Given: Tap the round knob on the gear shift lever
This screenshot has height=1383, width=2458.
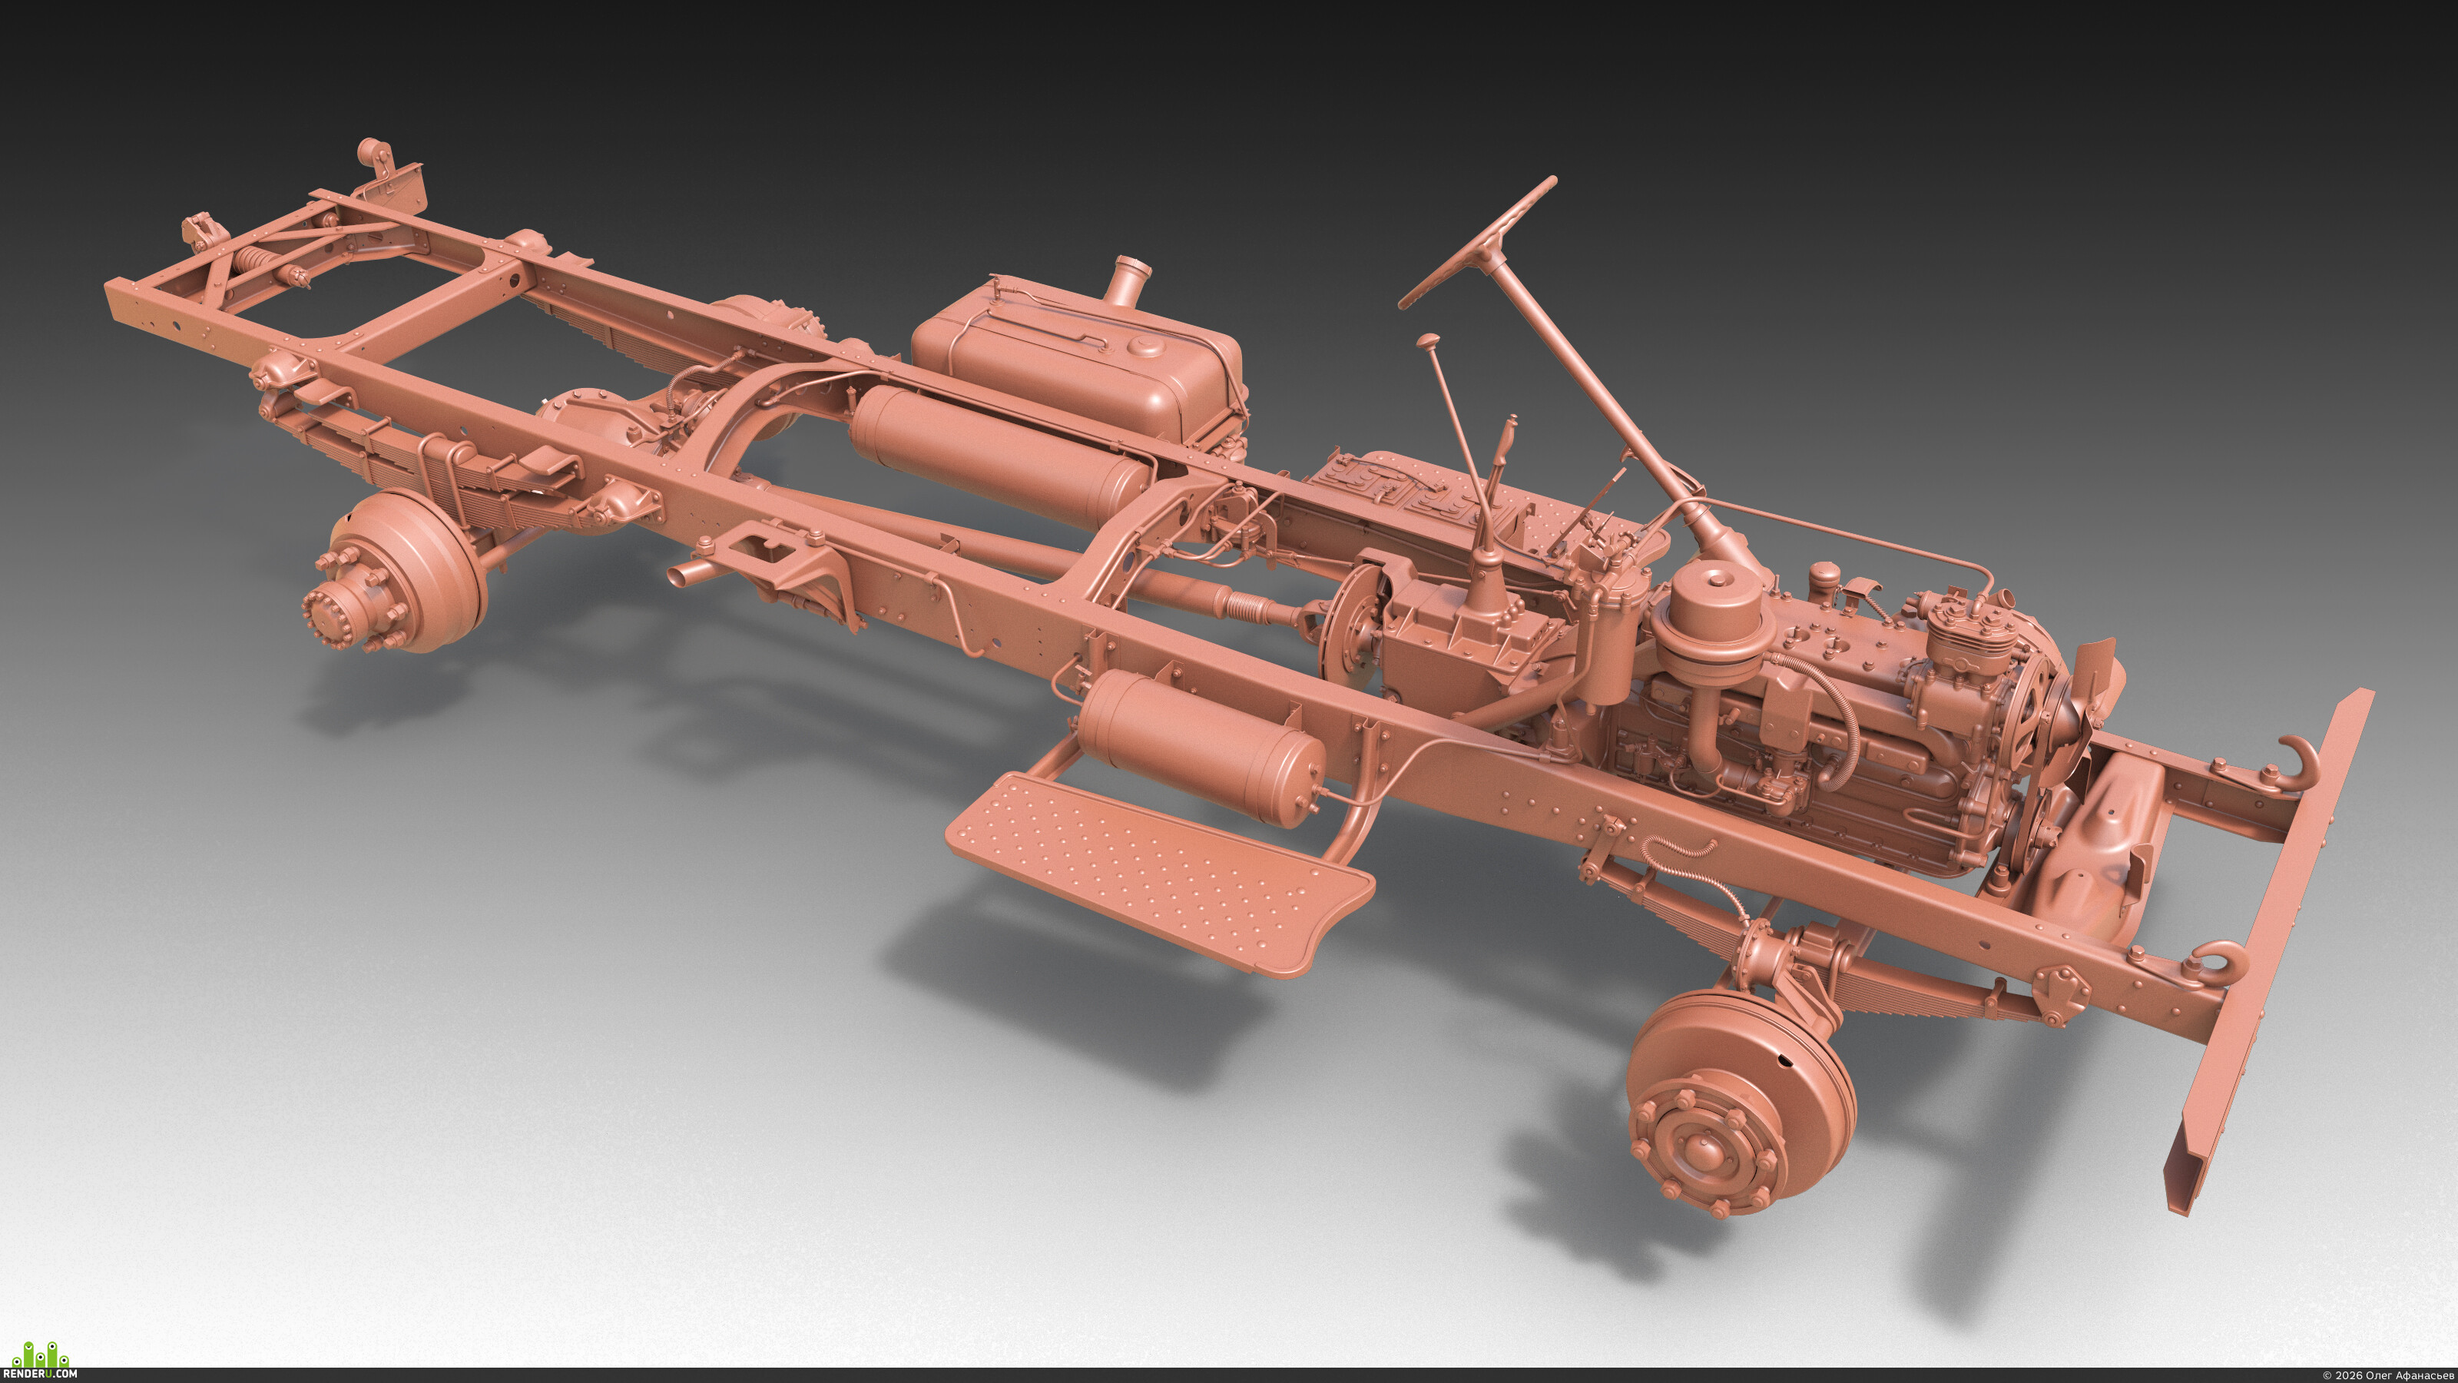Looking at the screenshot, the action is [x=1429, y=340].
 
